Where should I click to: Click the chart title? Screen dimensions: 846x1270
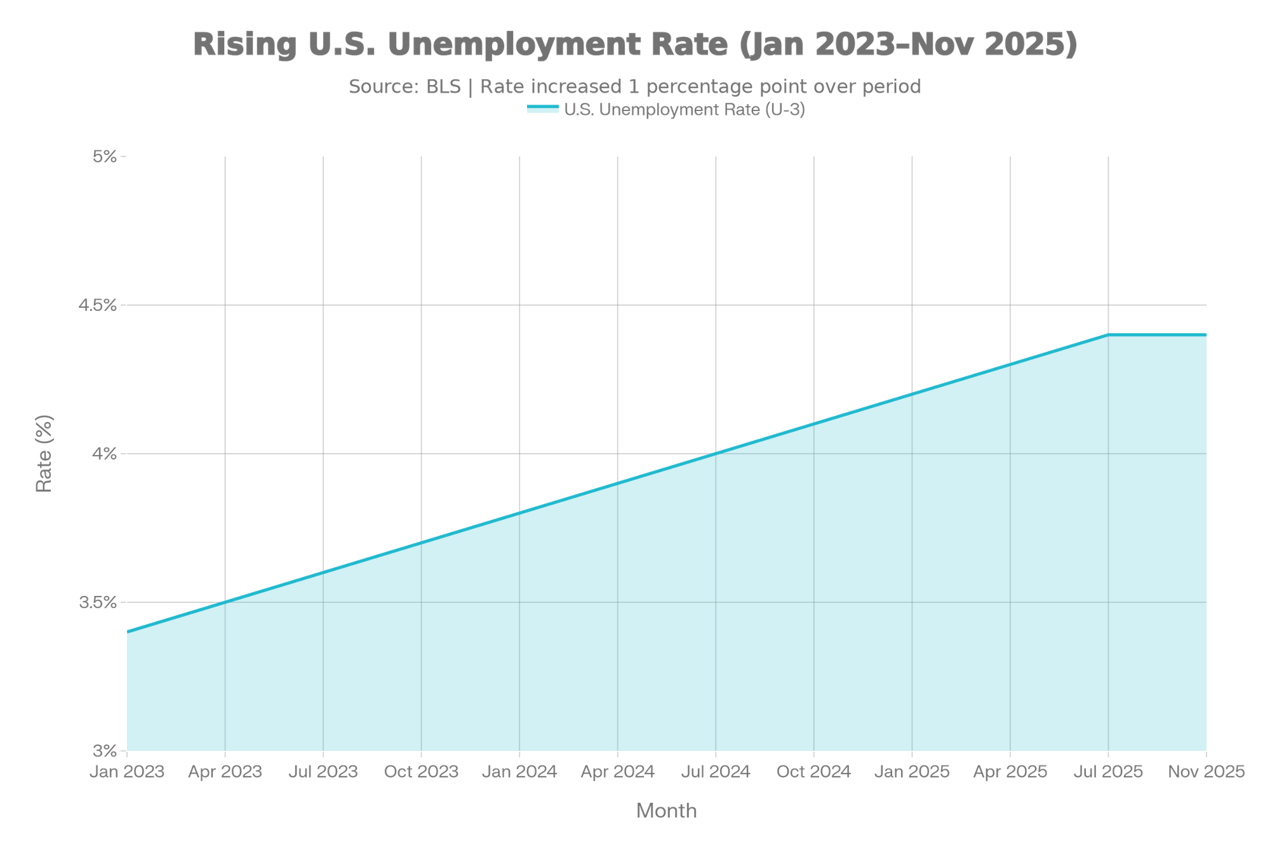[635, 45]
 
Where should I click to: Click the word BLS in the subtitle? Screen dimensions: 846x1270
[443, 86]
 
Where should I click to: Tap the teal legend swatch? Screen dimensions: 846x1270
[542, 109]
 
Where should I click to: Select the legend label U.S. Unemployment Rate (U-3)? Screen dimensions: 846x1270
[685, 110]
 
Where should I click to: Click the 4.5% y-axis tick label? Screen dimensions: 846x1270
[98, 305]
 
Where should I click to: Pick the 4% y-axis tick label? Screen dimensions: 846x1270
[105, 454]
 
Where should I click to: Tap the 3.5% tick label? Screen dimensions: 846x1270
[98, 602]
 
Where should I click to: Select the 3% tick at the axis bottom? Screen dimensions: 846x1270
[105, 751]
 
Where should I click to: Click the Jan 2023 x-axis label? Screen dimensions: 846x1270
[127, 772]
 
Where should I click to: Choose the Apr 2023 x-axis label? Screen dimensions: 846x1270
[225, 772]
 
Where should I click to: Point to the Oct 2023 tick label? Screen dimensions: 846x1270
[421, 772]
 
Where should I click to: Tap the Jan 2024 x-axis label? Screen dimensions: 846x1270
[519, 772]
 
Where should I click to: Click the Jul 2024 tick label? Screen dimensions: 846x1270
[716, 772]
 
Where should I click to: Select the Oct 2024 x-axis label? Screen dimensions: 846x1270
[814, 772]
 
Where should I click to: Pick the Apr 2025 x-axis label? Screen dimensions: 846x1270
[1010, 772]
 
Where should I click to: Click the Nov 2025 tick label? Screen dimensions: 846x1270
[1206, 772]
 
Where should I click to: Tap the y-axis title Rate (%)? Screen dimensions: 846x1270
[44, 453]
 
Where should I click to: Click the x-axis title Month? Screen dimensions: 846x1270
[667, 810]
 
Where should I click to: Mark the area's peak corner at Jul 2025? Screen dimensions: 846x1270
[1109, 333]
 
